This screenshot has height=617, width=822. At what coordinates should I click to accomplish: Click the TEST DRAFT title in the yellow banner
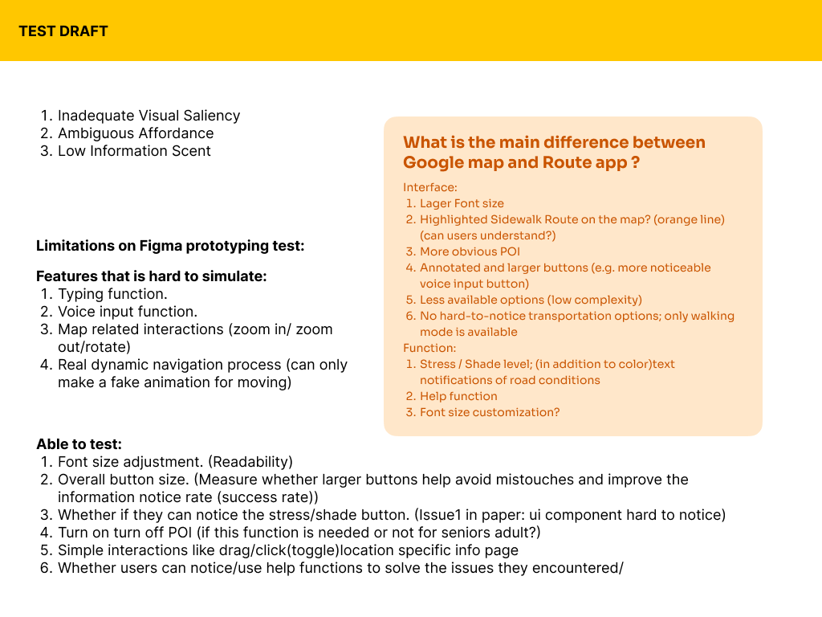(x=63, y=31)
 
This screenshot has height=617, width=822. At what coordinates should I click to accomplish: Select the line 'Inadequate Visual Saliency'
(x=149, y=116)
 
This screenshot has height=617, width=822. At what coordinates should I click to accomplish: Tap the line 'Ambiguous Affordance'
(x=136, y=133)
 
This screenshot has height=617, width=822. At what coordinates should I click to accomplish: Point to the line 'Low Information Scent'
(x=134, y=151)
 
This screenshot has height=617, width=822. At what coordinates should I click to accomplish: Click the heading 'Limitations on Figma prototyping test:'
(x=170, y=246)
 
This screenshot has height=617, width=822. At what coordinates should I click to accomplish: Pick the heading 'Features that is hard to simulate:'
(x=151, y=276)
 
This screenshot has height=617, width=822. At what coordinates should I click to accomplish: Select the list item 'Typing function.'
(x=112, y=294)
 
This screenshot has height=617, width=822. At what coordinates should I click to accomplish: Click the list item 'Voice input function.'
(x=128, y=312)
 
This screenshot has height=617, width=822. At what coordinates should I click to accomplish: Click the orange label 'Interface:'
(x=430, y=187)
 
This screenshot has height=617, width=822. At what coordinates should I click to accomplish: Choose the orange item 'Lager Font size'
(x=462, y=203)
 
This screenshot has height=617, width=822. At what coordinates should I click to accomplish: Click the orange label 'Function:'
(x=429, y=348)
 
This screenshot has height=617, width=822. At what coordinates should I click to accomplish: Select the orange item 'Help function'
(x=458, y=396)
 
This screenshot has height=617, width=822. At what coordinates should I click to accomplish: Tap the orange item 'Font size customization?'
(x=490, y=412)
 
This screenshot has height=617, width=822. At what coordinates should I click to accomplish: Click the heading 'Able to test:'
(x=79, y=444)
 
